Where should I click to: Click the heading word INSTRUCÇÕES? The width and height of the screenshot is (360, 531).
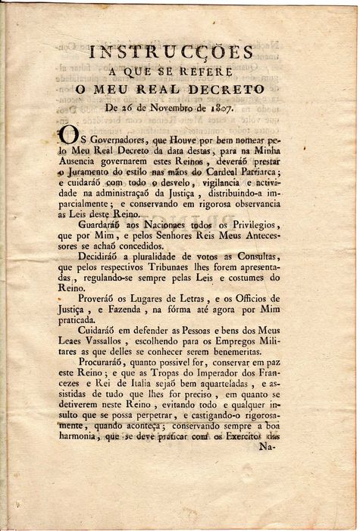point(171,52)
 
